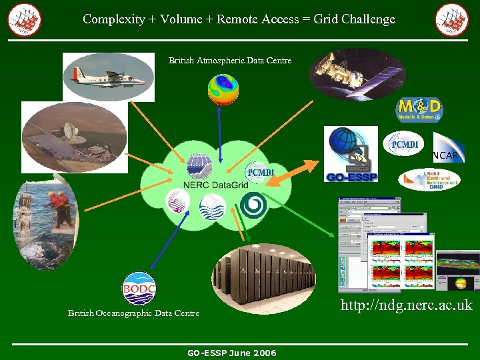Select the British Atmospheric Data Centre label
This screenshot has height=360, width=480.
pos(230,61)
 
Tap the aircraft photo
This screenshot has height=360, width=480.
pos(108,77)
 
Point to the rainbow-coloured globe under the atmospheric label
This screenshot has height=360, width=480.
pos(223,90)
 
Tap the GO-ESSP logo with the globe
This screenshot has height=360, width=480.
pos(351,155)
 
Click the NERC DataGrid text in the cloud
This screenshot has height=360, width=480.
pos(209,185)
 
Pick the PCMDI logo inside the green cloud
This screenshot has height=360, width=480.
pos(259,173)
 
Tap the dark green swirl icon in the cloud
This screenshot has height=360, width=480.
pos(253,205)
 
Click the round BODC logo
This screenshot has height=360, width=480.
pos(139,289)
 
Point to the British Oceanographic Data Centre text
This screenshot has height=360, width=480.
pos(133,313)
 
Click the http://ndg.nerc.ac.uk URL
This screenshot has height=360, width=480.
pos(406,305)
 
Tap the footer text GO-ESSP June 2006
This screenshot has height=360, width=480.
pos(231,353)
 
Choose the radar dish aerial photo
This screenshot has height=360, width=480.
pos(74,137)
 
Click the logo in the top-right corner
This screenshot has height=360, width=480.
pos(451,19)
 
